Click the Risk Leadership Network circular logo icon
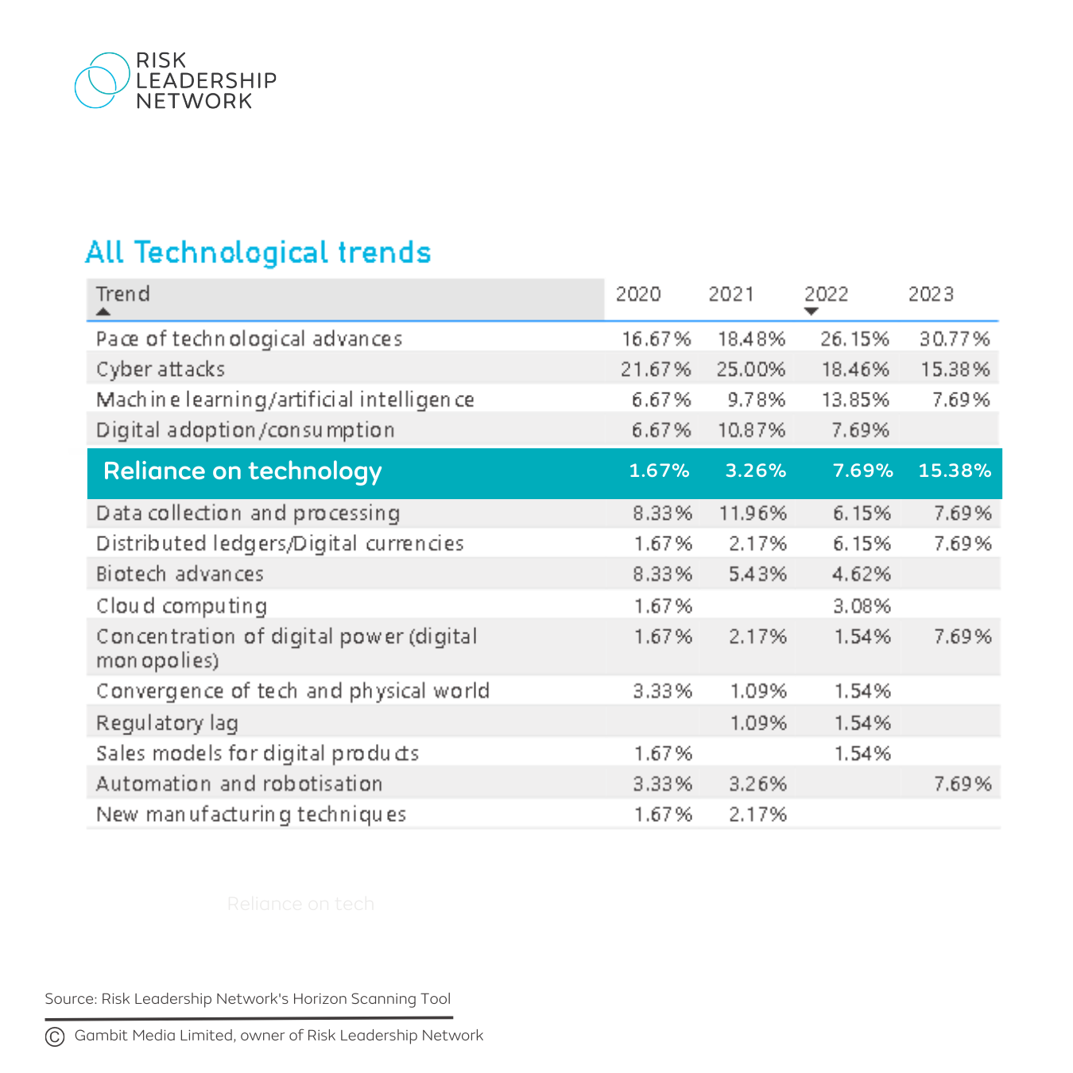[102, 80]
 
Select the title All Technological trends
[258, 253]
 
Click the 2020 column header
[638, 295]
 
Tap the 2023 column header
[931, 295]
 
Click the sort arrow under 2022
[811, 312]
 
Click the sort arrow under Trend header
[103, 312]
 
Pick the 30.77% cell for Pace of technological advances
[955, 339]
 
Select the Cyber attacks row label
[161, 370]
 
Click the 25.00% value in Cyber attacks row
[751, 370]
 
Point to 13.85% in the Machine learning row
[855, 400]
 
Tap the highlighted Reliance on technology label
[242, 471]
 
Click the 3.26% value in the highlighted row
[755, 471]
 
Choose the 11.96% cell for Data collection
[753, 513]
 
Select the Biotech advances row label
[180, 575]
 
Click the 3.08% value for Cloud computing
[862, 606]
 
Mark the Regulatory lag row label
[167, 723]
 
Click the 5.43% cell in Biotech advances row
[757, 575]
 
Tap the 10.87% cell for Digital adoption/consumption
[751, 431]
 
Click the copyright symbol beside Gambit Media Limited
[55, 1036]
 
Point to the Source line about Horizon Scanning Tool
[248, 999]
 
